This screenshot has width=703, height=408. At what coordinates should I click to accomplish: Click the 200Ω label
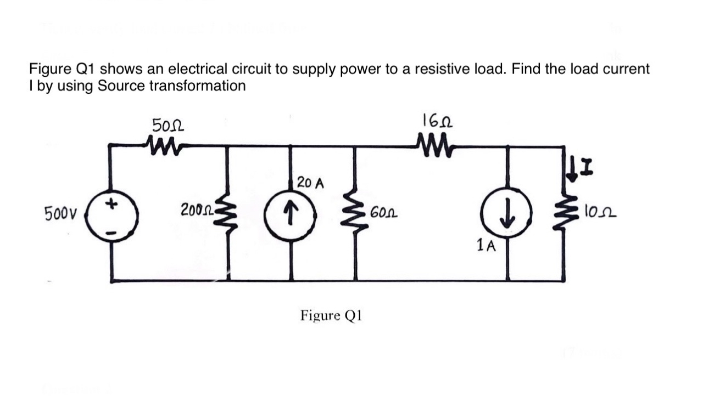pyautogui.click(x=196, y=209)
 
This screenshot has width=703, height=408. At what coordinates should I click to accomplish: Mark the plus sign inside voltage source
pyautogui.click(x=115, y=203)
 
